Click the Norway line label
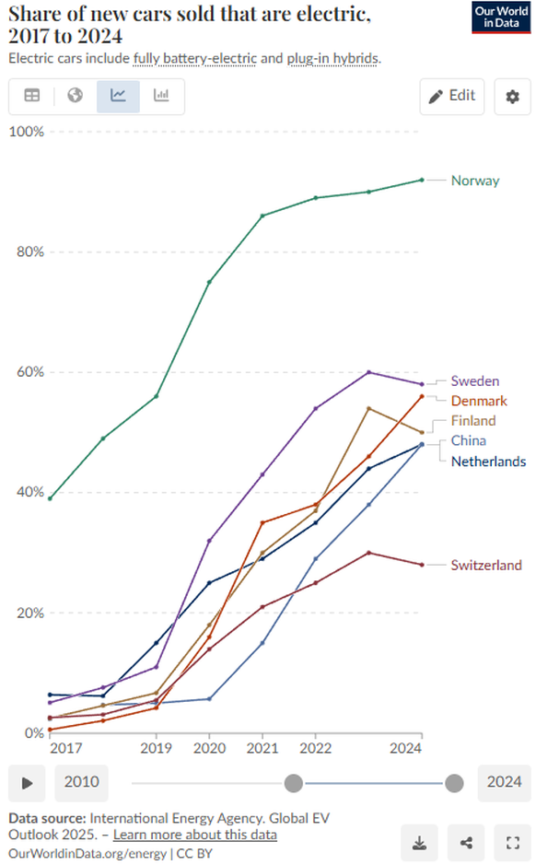[474, 181]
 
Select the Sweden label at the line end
[474, 381]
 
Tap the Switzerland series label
[485, 566]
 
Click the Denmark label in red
[478, 401]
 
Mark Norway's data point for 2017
[50, 497]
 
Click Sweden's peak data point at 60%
[368, 372]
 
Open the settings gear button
[512, 96]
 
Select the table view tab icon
[31, 96]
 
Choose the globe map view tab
[76, 96]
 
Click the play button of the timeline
[28, 783]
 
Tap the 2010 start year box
[82, 783]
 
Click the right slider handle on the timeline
[453, 783]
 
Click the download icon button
[419, 842]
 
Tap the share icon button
[466, 842]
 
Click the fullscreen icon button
[512, 842]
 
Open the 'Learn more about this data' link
[194, 835]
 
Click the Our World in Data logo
[501, 18]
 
